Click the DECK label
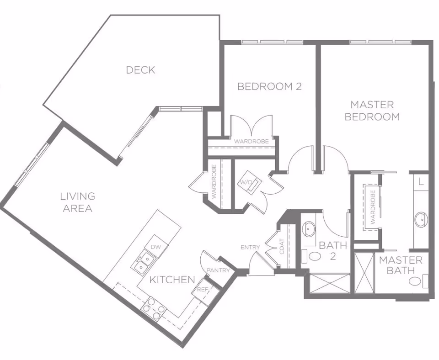(x=140, y=70)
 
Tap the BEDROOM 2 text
(x=269, y=86)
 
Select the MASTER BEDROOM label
(x=372, y=111)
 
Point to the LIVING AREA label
(x=78, y=202)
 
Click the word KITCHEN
(x=172, y=280)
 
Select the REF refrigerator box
(x=203, y=290)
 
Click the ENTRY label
(x=250, y=247)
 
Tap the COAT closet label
(x=282, y=247)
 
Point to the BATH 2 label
(x=333, y=250)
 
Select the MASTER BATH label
(x=401, y=265)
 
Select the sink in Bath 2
(x=310, y=228)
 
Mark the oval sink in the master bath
(x=421, y=220)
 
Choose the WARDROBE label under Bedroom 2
(x=251, y=142)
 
